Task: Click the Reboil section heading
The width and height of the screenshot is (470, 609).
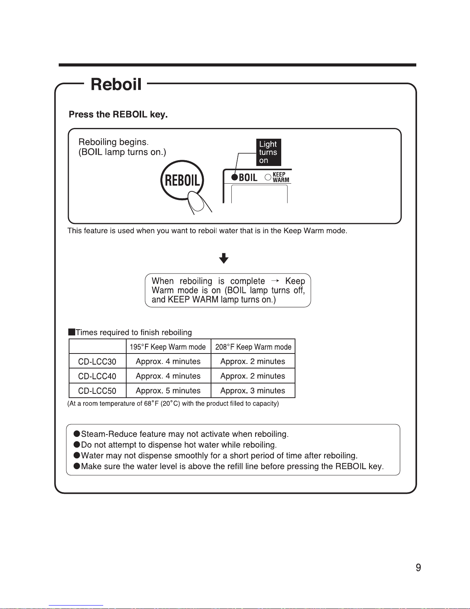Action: pyautogui.click(x=116, y=84)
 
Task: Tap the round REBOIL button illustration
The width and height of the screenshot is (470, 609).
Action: pyautogui.click(x=182, y=180)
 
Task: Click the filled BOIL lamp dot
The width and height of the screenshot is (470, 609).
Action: pyautogui.click(x=234, y=177)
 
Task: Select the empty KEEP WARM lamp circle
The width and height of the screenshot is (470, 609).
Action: pyautogui.click(x=268, y=177)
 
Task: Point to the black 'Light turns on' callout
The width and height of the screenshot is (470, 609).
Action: pyautogui.click(x=269, y=152)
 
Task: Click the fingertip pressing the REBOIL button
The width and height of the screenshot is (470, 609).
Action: pyautogui.click(x=196, y=201)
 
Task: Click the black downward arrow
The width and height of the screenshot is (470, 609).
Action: pyautogui.click(x=224, y=258)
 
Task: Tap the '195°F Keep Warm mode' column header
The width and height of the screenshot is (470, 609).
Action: pyautogui.click(x=168, y=347)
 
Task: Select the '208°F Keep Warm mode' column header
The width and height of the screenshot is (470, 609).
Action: pyautogui.click(x=253, y=347)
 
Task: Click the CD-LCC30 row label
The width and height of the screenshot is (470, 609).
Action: pyautogui.click(x=97, y=362)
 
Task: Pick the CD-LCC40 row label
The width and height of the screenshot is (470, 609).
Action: pyautogui.click(x=97, y=376)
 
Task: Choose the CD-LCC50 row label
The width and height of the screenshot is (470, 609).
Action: pyautogui.click(x=97, y=391)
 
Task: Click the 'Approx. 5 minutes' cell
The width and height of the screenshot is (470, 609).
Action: pyautogui.click(x=168, y=391)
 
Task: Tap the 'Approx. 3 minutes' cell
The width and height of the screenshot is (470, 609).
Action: pyautogui.click(x=252, y=391)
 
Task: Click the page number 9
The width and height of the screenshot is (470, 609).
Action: pyautogui.click(x=418, y=568)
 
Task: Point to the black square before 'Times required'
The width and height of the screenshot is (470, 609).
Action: pyautogui.click(x=72, y=332)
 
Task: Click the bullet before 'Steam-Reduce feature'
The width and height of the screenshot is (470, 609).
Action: pyautogui.click(x=77, y=434)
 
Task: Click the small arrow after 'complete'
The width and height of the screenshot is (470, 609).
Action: pyautogui.click(x=275, y=281)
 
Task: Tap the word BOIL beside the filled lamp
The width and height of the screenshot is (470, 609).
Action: pyautogui.click(x=248, y=178)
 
